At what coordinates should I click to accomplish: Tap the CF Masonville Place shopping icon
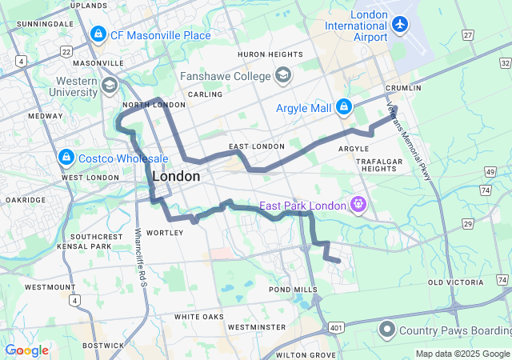(98, 34)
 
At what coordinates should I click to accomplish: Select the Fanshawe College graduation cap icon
(282, 76)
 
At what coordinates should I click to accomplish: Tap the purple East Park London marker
(358, 205)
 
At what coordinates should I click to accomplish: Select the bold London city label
(175, 176)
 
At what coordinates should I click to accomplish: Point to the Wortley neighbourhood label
(166, 233)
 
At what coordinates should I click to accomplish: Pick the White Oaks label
(199, 317)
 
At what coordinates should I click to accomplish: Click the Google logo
(26, 350)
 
